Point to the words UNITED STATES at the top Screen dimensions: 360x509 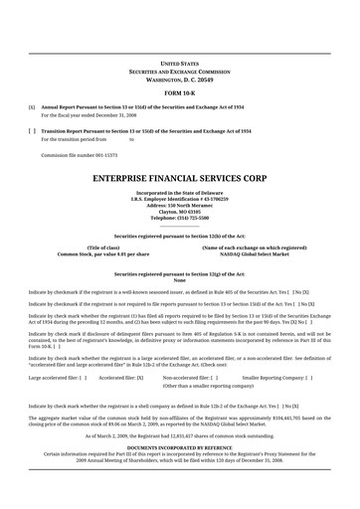coord(179,62)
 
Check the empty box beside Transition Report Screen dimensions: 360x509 coord(32,130)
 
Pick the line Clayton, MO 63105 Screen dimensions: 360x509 coord(179,211)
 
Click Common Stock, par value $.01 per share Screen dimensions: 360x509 coord(103,254)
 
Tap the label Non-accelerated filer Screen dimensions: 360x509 coord(188,350)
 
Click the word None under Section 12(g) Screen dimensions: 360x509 coord(179,280)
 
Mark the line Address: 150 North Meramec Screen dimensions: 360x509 coord(179,205)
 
